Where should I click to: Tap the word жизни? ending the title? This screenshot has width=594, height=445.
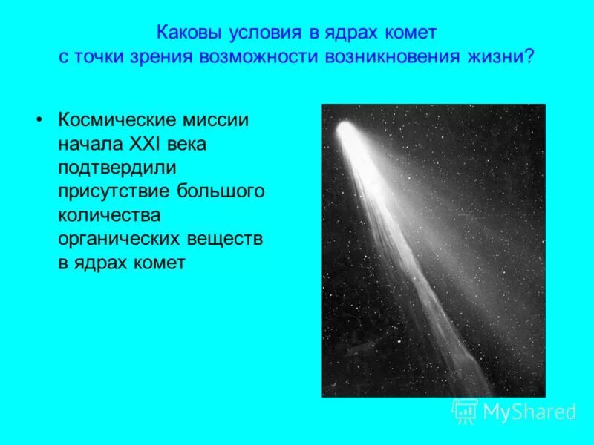509,58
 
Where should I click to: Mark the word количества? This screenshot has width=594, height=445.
107,216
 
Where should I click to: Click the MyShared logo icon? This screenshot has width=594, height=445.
465,411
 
